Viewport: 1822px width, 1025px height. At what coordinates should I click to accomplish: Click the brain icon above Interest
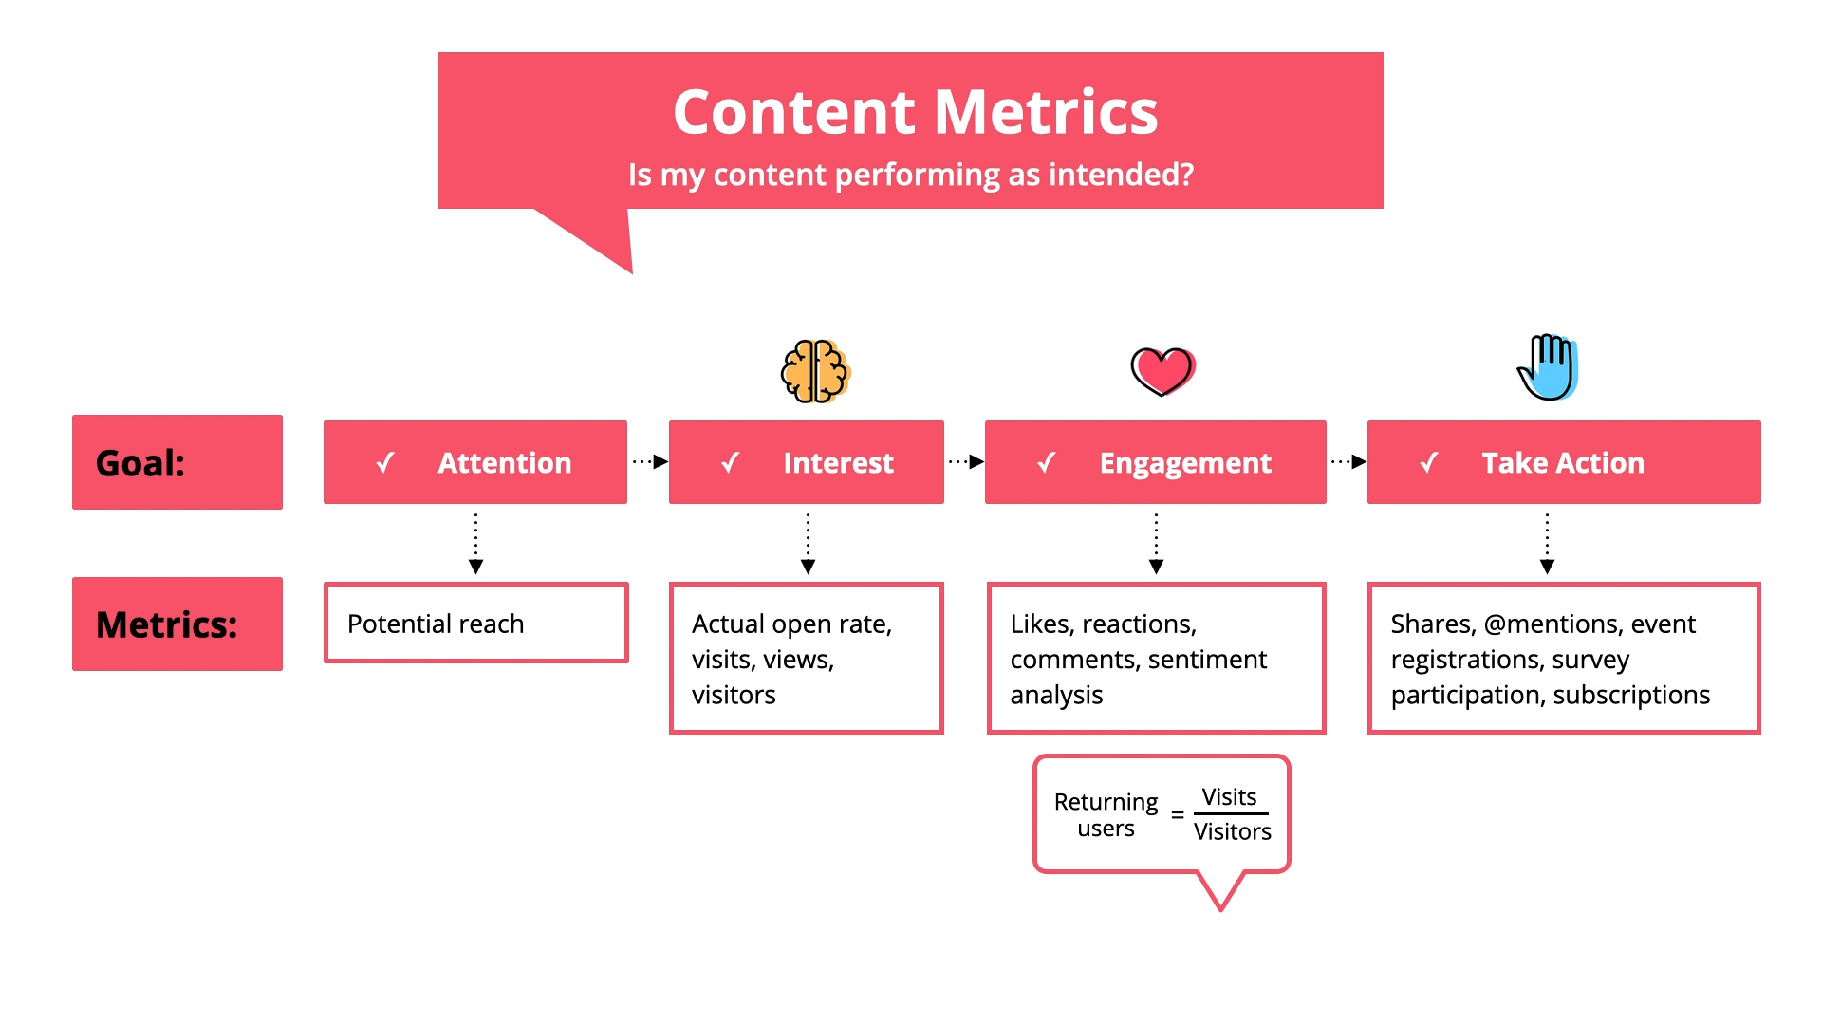pyautogui.click(x=815, y=371)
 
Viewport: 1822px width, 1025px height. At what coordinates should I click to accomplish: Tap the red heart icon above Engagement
pyautogui.click(x=1162, y=370)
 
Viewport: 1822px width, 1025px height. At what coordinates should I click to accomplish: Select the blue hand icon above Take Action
pyautogui.click(x=1548, y=368)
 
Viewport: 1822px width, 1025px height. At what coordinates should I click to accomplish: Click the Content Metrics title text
pyautogui.click(x=915, y=112)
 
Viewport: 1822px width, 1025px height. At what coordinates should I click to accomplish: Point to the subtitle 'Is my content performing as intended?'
pyautogui.click(x=910, y=175)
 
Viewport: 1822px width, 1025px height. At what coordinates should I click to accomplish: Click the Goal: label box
pyautogui.click(x=177, y=462)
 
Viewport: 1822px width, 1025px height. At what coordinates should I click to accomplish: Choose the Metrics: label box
pyautogui.click(x=177, y=624)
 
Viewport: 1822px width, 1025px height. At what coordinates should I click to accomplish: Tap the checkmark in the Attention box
pyautogui.click(x=385, y=463)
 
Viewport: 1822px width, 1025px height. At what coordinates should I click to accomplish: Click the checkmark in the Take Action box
pyautogui.click(x=1429, y=463)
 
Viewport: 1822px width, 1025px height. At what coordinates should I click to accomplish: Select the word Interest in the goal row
pyautogui.click(x=838, y=463)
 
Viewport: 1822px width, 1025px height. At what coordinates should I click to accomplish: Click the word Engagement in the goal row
pyautogui.click(x=1184, y=463)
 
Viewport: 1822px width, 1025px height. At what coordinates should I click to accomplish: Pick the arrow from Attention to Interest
pyautogui.click(x=650, y=462)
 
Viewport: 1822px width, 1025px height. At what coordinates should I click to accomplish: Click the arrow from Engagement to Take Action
pyautogui.click(x=1348, y=462)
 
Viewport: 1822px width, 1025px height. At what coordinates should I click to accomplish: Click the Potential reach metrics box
pyautogui.click(x=475, y=624)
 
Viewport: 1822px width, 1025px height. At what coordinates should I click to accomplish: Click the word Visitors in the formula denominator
pyautogui.click(x=1232, y=832)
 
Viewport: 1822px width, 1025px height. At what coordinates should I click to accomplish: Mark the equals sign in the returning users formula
pyautogui.click(x=1178, y=815)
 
